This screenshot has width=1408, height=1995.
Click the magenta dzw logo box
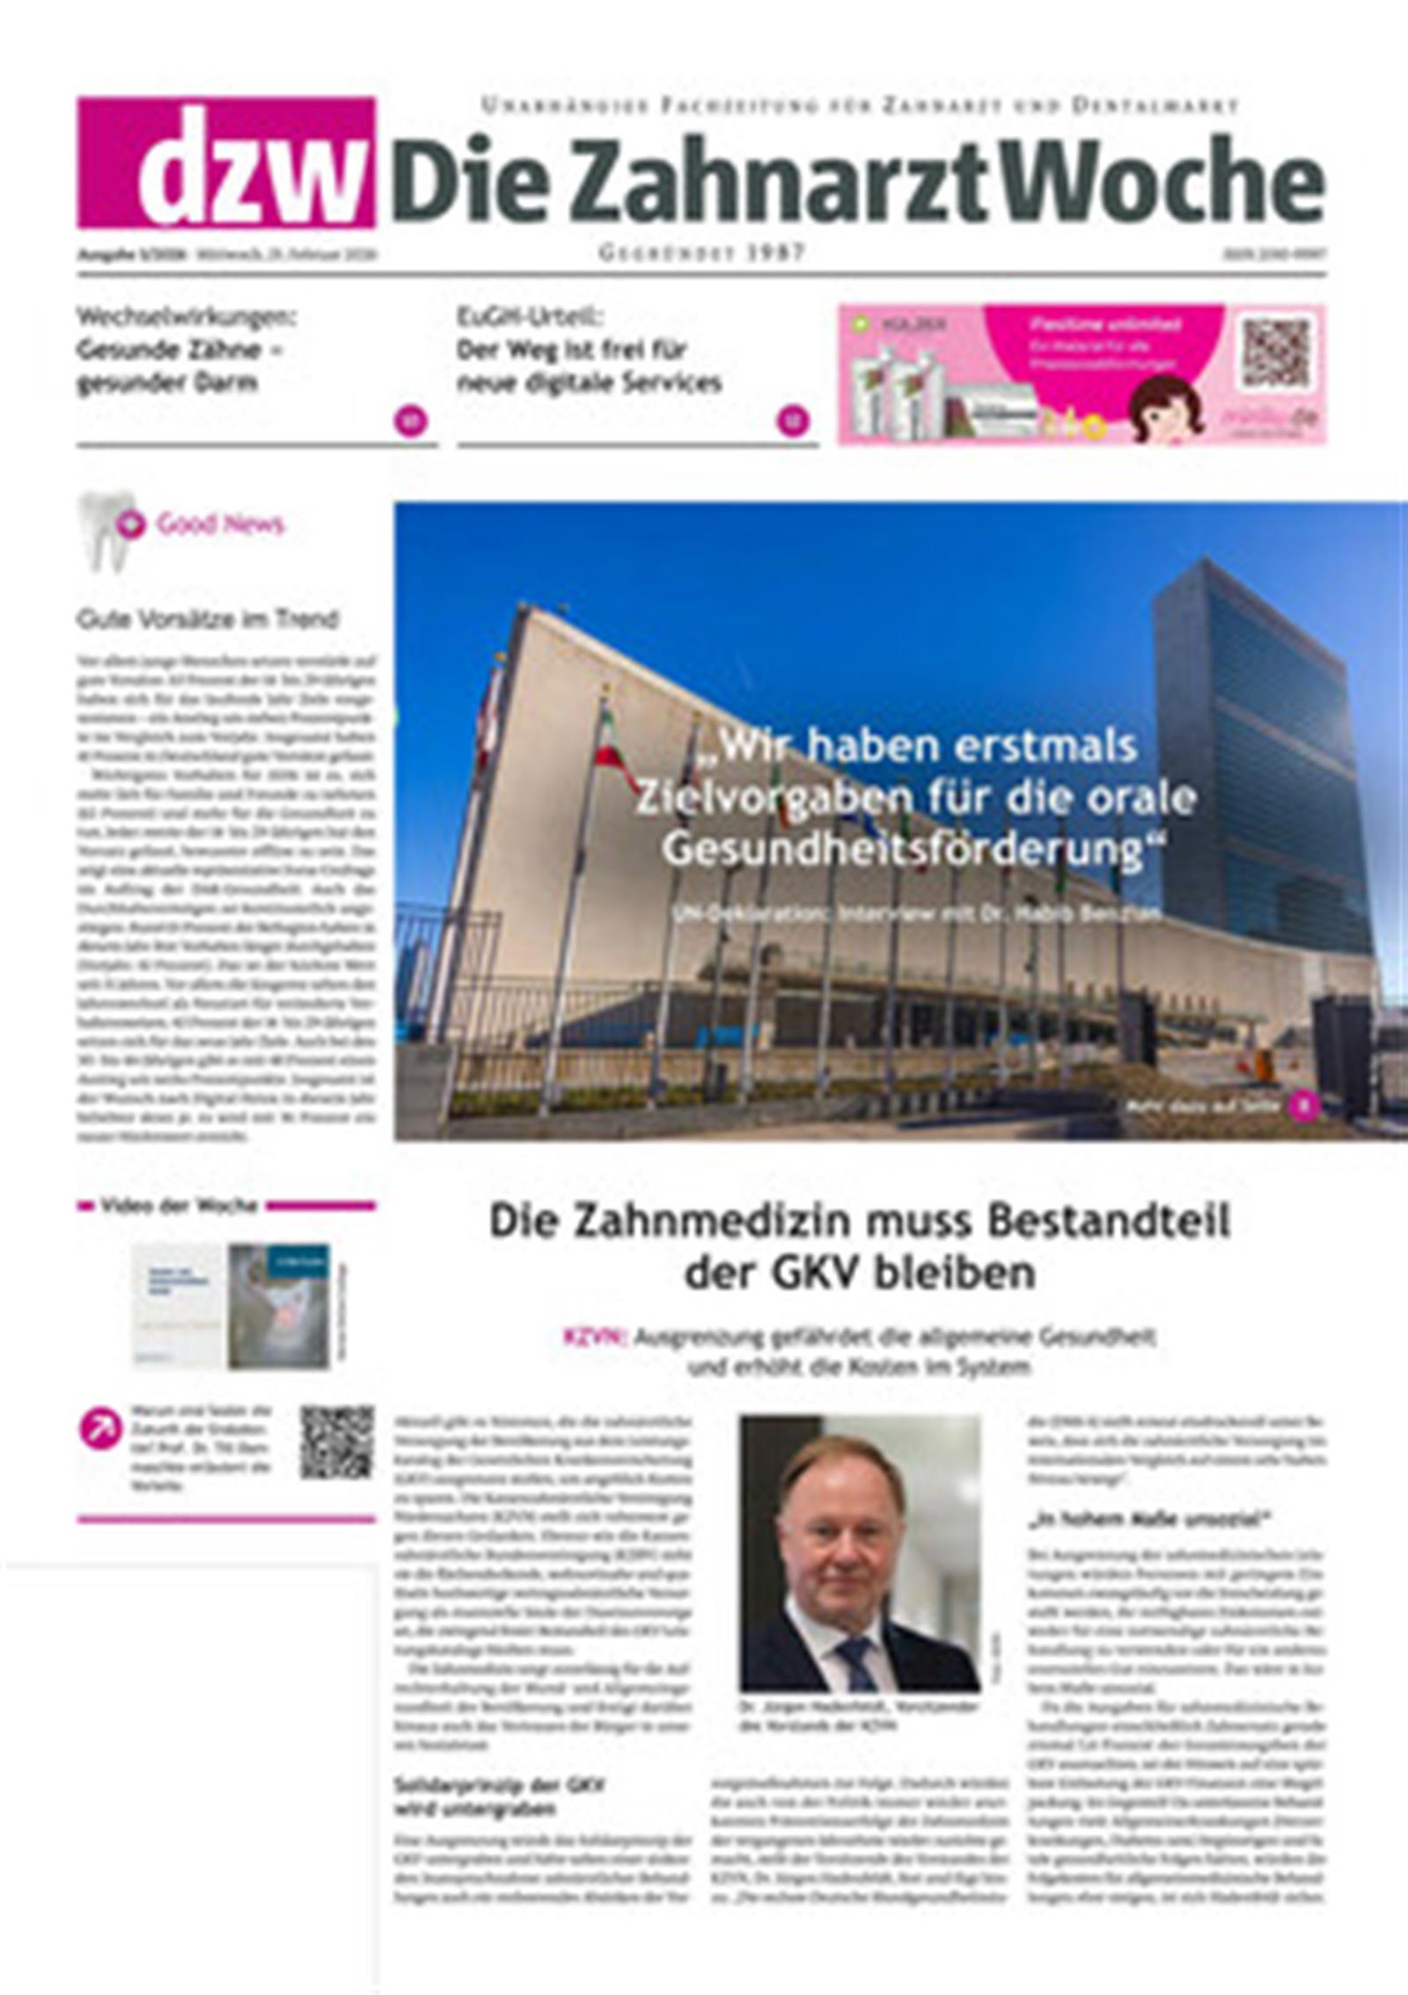coord(226,163)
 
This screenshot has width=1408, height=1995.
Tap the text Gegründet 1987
coord(702,253)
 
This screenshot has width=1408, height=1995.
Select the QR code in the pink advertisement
coord(1277,353)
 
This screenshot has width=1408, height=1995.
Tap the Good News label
coord(220,524)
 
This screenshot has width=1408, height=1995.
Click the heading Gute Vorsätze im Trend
coord(208,620)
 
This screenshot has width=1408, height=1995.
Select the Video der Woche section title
coord(179,1206)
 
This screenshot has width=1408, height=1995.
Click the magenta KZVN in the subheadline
coord(595,1338)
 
